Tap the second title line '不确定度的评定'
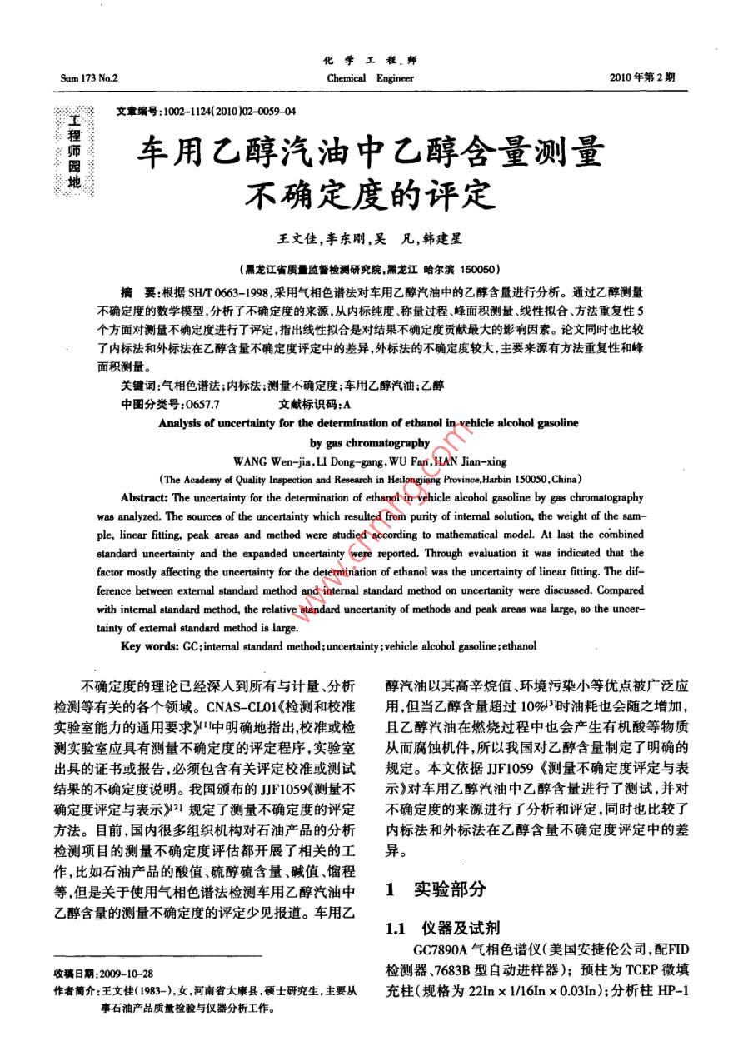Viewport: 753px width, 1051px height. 369,196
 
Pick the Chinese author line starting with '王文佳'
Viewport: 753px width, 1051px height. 369,239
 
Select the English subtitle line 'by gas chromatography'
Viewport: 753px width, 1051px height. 370,443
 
